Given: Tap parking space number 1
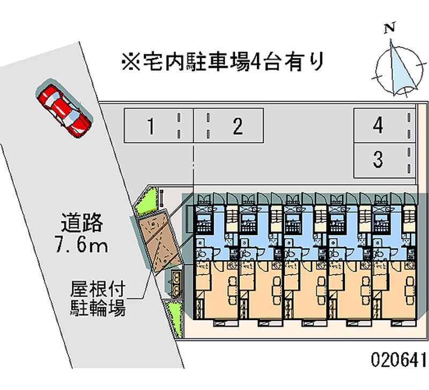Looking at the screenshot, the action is click(x=159, y=126).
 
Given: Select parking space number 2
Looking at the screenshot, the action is click(x=228, y=126).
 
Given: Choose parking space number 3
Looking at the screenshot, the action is click(x=384, y=160).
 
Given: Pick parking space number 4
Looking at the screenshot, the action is click(x=384, y=126).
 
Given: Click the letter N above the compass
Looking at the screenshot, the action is click(x=390, y=28).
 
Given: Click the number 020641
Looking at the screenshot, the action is click(x=398, y=359).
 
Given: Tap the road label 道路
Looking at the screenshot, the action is click(x=82, y=222).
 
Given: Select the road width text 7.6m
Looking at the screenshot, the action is click(x=82, y=244).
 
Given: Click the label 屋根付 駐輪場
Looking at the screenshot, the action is click(x=98, y=299).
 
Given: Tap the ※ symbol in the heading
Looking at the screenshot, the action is click(x=131, y=62).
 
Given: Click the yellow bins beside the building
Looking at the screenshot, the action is click(x=176, y=284).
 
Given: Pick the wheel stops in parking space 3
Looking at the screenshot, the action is click(x=409, y=160).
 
